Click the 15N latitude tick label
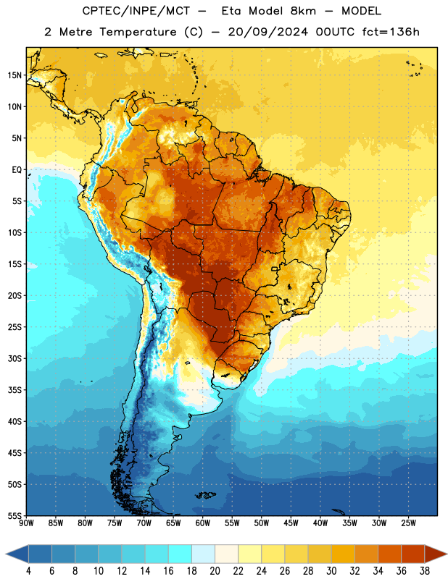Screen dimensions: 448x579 coord(14,75)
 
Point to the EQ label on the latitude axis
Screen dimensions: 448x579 coord(17,170)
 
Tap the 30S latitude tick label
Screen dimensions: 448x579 coord(14,358)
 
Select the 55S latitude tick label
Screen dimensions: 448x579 coord(14,515)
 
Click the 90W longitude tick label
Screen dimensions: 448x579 coord(26,523)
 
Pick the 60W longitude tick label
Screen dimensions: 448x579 coord(203,523)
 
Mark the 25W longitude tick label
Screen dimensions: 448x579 coord(408,523)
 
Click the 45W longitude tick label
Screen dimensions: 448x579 coord(291,523)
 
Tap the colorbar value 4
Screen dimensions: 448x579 coord(28,571)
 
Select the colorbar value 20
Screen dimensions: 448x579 coord(215,571)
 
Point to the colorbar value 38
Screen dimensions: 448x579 coord(425,571)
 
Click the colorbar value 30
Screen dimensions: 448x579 coord(331,571)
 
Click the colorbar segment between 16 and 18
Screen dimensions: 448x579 coord(180,554)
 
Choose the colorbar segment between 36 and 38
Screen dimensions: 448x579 coord(413,554)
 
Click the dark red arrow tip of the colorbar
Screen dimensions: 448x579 coord(447,554)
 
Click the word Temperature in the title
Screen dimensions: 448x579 coord(138,32)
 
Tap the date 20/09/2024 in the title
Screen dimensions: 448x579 coord(267,32)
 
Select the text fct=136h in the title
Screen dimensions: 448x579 coord(391,32)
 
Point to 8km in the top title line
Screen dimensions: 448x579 coord(303,11)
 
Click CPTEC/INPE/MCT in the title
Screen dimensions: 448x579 coord(136,11)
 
